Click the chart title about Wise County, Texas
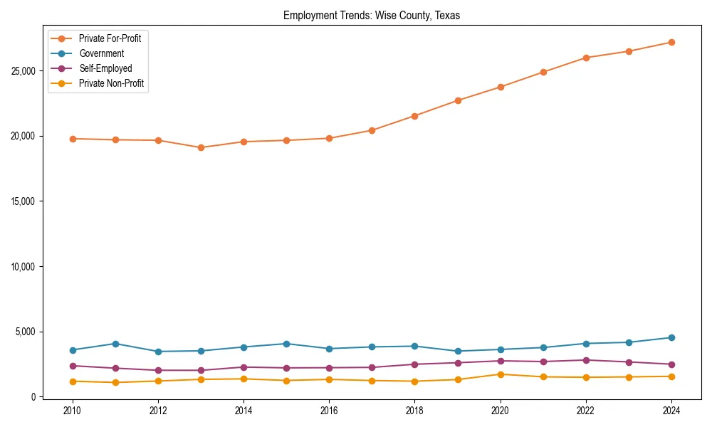tap(372, 16)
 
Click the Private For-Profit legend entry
tap(110, 38)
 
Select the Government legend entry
tap(101, 53)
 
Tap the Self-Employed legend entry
tap(105, 68)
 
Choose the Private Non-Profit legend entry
tap(111, 83)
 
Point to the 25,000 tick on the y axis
tap(23, 71)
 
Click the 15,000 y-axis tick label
tap(23, 201)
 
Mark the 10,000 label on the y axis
tap(23, 267)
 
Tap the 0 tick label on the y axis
tap(33, 397)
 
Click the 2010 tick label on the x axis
tap(71, 411)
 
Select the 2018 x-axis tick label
tap(414, 411)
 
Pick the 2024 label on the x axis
tap(671, 411)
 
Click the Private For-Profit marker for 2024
tap(671, 43)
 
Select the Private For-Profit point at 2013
tap(201, 148)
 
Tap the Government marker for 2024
tap(671, 337)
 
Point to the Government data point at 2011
tap(115, 344)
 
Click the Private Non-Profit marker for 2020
tap(501, 374)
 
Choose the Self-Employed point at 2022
tap(586, 360)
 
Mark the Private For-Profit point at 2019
tap(458, 100)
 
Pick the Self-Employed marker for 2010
tap(71, 366)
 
